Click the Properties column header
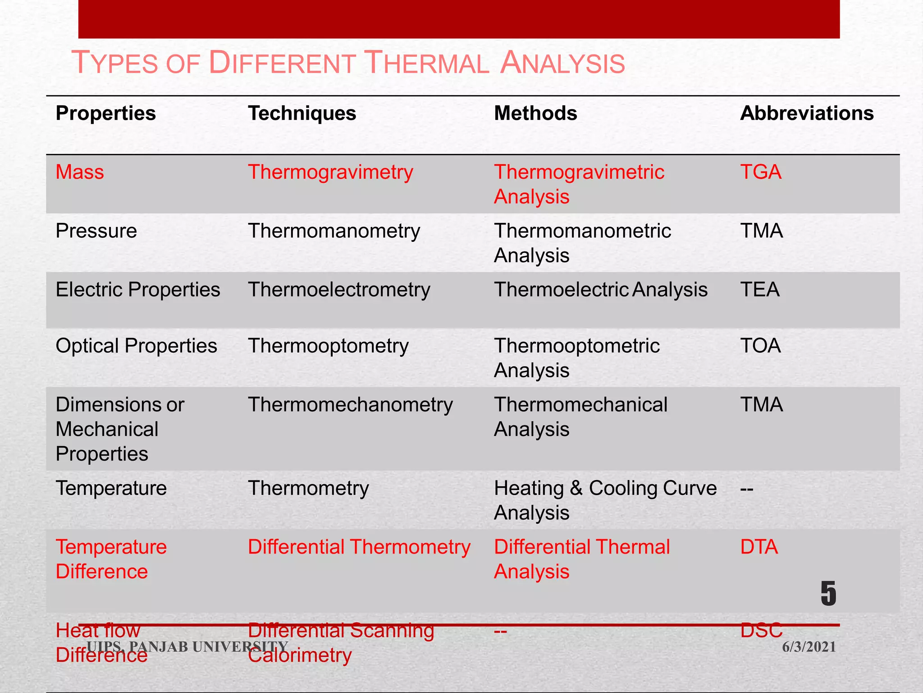(x=105, y=113)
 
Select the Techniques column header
(x=302, y=113)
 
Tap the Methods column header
(x=535, y=113)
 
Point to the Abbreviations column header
(x=807, y=113)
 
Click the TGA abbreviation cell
(x=761, y=172)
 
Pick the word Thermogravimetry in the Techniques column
(x=330, y=172)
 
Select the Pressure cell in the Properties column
(x=96, y=231)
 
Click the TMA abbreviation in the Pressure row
(x=762, y=231)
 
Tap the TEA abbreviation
(x=760, y=290)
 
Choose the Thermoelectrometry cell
(x=339, y=290)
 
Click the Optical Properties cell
(x=136, y=346)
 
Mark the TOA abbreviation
(x=760, y=346)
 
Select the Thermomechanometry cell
(x=350, y=405)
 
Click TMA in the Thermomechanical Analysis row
(x=762, y=405)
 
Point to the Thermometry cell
(x=308, y=489)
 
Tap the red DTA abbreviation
(x=759, y=547)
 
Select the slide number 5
(x=828, y=594)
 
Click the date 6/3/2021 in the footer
(x=809, y=647)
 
